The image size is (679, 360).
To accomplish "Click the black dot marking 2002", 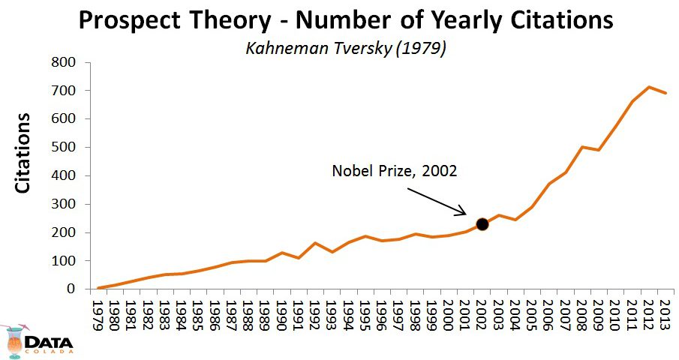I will point(482,223).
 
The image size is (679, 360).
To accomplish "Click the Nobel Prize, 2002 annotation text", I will point(395,171).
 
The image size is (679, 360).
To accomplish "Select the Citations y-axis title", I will point(24,153).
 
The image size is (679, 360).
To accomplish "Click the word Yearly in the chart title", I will point(458,21).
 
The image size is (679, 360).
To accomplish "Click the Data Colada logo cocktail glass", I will point(14,341).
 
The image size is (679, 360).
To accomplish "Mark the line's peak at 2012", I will point(648,87).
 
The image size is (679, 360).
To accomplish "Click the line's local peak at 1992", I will point(315,243).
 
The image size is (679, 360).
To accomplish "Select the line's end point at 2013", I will point(665,93).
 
